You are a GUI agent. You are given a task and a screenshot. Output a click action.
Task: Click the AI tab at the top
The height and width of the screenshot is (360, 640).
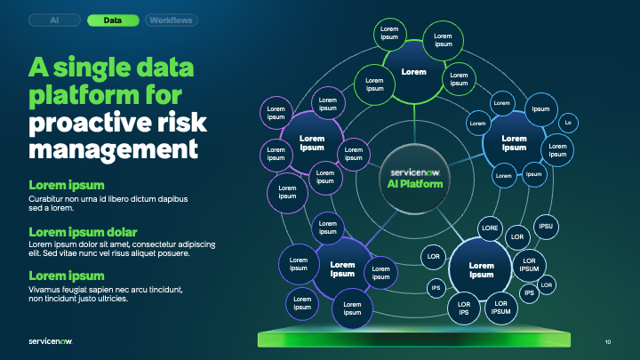coord(55,19)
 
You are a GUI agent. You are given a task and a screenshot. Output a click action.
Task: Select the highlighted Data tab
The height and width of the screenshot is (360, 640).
coord(113,19)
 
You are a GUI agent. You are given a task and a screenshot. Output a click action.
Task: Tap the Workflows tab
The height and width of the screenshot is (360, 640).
coord(171,19)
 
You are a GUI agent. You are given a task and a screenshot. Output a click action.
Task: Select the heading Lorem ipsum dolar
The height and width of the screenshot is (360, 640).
coord(86,233)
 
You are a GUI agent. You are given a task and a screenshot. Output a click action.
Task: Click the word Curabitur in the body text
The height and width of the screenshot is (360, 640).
coord(50,199)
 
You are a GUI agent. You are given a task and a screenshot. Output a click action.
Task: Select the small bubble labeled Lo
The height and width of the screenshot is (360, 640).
coord(568,122)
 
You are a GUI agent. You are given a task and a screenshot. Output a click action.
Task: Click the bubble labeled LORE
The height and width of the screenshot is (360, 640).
coord(490,228)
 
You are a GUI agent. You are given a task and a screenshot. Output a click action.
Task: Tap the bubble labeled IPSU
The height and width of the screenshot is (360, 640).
coord(546,226)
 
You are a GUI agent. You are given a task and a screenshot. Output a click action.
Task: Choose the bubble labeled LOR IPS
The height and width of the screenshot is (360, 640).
coord(463,309)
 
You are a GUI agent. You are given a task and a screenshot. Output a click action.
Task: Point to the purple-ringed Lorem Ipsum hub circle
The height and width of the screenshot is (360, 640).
coord(312,142)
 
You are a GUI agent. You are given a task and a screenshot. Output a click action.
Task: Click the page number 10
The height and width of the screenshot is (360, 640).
coord(608,341)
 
